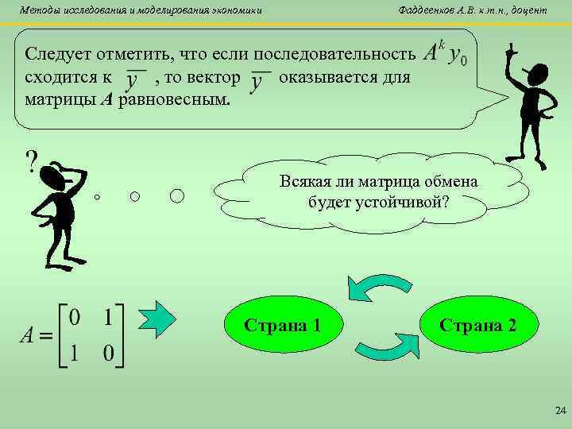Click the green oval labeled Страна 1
[x=283, y=326]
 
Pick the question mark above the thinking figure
[x=32, y=163]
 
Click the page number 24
[x=558, y=411]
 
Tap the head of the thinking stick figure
[x=56, y=176]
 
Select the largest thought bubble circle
[x=177, y=195]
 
